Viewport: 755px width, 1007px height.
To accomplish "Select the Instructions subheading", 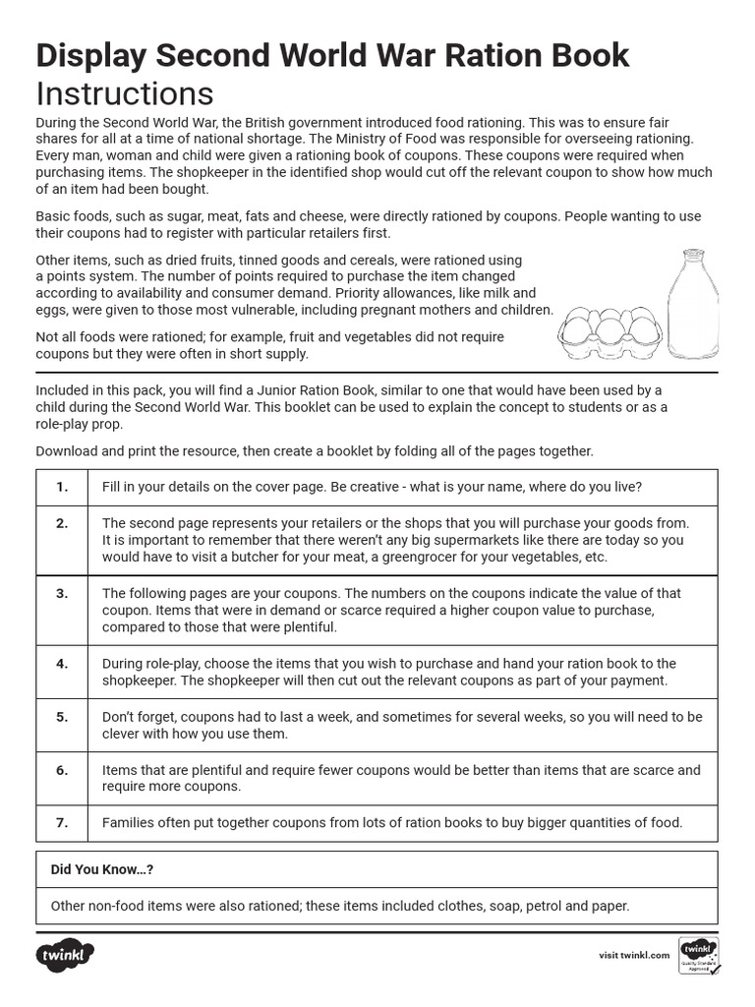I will [124, 94].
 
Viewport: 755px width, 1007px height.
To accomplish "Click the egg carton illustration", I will [610, 334].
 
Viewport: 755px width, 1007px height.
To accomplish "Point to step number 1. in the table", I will [62, 487].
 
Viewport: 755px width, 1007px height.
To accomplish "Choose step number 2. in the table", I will [62, 523].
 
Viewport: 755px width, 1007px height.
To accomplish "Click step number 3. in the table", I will [62, 593].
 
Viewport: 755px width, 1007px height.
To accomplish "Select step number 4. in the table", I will [62, 664].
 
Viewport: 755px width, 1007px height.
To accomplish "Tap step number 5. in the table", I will [62, 717].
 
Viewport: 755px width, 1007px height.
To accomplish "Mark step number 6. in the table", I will [62, 770].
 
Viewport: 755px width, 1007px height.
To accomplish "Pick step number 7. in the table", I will [62, 823].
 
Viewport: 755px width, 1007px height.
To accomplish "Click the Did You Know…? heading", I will [102, 870].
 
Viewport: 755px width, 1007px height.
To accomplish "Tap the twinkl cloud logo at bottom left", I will [65, 955].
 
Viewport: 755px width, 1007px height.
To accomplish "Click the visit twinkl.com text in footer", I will [634, 955].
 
